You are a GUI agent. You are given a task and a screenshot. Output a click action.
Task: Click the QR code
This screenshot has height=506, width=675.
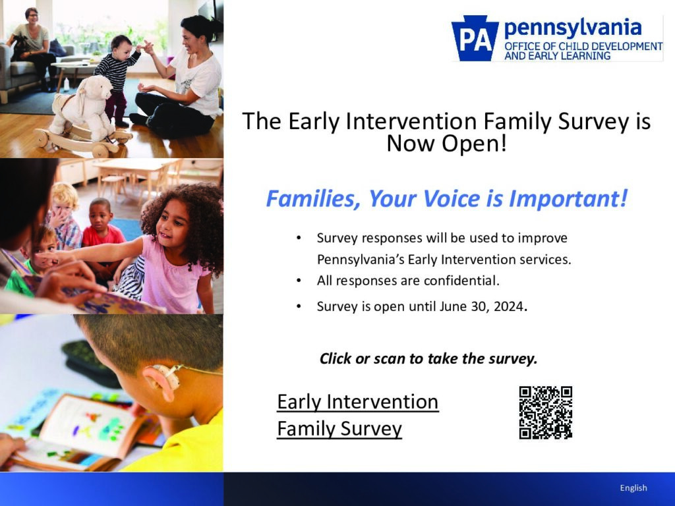[545, 412]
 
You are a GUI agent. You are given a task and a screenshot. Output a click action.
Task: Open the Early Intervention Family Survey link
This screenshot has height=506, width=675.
[357, 415]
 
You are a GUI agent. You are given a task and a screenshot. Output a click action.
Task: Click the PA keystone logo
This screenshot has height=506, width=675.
[475, 39]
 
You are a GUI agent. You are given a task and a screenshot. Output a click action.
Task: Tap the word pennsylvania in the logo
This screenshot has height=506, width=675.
[572, 28]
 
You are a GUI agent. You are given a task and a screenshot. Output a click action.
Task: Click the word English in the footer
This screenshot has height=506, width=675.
[633, 488]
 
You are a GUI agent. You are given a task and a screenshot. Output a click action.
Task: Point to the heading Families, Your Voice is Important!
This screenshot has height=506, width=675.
[446, 198]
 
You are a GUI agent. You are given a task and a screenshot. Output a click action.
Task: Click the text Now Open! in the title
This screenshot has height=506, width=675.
[446, 143]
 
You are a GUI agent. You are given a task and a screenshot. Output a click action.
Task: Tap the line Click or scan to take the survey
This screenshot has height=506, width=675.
[428, 359]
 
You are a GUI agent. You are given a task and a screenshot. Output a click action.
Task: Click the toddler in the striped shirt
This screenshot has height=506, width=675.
[119, 76]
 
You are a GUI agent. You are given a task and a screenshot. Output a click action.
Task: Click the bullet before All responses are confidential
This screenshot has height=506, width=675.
[299, 281]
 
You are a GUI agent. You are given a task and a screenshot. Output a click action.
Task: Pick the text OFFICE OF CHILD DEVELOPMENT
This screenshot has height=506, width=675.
[583, 46]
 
